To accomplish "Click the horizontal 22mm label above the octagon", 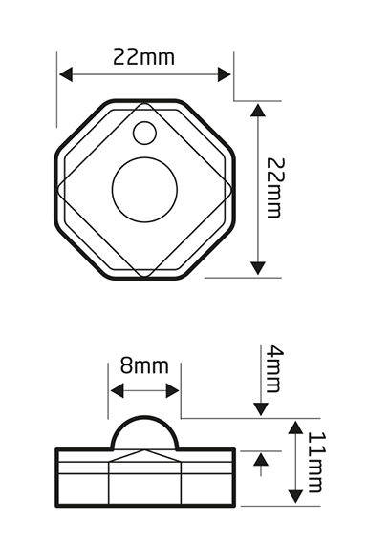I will point(144,56).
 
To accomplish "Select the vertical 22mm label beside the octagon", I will point(274,189).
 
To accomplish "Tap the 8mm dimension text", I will point(144,366).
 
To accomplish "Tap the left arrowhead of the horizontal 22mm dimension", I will point(64,74).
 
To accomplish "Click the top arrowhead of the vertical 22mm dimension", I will point(257,111).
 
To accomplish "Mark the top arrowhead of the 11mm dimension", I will point(296,426).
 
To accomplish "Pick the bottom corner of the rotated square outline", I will point(144,279).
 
